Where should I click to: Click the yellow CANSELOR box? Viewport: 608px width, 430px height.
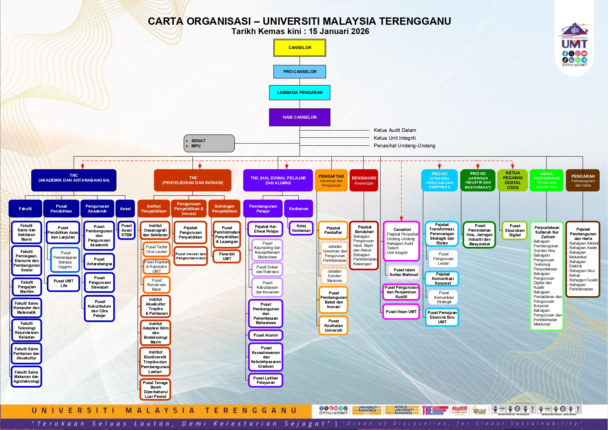coord(300,48)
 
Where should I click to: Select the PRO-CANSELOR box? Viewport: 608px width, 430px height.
coord(300,72)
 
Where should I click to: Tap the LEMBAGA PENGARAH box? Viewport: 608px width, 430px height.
coord(300,92)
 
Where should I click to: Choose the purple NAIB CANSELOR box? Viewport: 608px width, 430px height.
coord(300,117)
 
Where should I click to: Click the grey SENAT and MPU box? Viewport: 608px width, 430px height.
coord(209,143)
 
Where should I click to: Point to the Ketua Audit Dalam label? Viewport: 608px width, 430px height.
coord(395,130)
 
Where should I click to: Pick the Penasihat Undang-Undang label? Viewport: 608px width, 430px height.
coord(404,146)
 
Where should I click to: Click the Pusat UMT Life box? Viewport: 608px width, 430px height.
coord(63,283)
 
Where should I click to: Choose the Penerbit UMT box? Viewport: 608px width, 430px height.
coord(227,256)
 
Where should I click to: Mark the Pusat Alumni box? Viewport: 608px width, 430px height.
coord(266,335)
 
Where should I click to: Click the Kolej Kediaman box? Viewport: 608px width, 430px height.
coord(301,228)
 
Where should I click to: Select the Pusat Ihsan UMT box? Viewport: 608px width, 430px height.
coord(401,312)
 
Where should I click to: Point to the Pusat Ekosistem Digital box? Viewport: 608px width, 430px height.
coord(515,230)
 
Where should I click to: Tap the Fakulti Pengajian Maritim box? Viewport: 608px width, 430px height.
coord(27,287)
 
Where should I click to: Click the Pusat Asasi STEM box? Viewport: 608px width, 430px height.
coord(126,230)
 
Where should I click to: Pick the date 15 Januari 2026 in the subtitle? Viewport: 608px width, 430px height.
coord(339,31)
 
